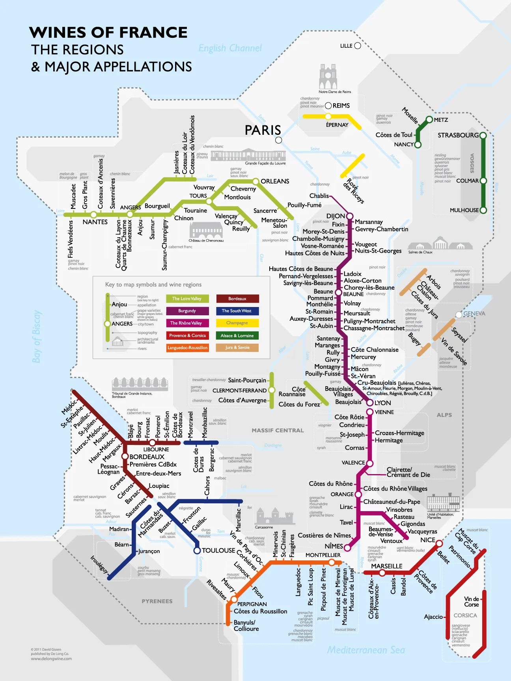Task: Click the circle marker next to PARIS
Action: coord(278,140)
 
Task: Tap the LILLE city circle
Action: coord(358,46)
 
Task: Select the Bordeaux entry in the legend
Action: coord(237,299)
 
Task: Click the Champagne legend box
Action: coord(237,323)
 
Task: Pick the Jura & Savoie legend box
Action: coord(237,348)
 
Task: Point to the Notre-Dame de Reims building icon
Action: coord(328,78)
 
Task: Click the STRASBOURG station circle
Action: coord(483,136)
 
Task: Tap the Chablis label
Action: coord(319,196)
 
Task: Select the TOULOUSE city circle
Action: coord(197,551)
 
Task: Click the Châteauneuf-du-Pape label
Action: coord(392,502)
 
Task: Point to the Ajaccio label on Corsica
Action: coord(433,617)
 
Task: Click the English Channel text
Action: coord(230,48)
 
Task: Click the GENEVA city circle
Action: coord(459,314)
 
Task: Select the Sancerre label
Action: coord(265,211)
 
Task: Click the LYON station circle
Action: coord(370,403)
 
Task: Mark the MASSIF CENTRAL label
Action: coord(278,430)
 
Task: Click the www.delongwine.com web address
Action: coord(51,659)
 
